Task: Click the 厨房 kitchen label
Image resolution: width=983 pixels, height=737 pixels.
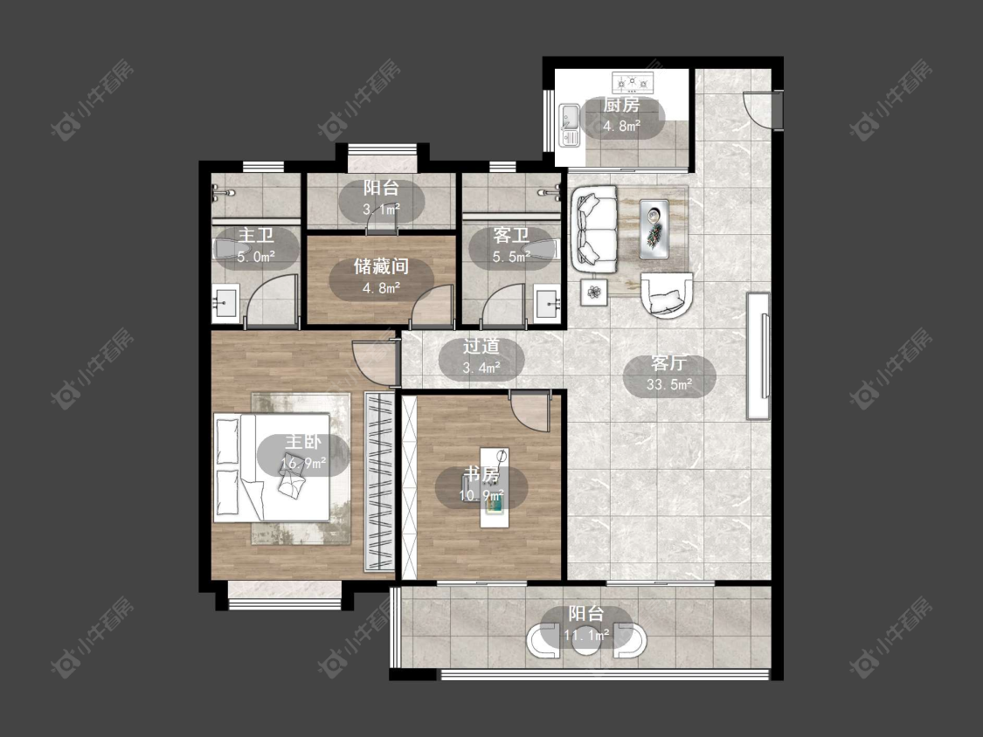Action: pyautogui.click(x=621, y=106)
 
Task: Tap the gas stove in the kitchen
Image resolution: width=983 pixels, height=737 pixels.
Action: pyautogui.click(x=633, y=81)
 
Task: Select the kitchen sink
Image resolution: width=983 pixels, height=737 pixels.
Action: pyautogui.click(x=570, y=125)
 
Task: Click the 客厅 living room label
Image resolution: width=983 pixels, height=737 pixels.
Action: pyautogui.click(x=669, y=363)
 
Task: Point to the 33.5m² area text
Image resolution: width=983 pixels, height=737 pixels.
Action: pyautogui.click(x=669, y=384)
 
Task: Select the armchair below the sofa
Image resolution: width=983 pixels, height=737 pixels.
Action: pyautogui.click(x=667, y=295)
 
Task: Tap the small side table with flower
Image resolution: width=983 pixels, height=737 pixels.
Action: pyautogui.click(x=594, y=292)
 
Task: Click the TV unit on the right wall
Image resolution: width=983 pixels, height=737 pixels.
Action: pyautogui.click(x=758, y=356)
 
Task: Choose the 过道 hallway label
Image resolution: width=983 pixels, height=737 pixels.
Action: pyautogui.click(x=481, y=346)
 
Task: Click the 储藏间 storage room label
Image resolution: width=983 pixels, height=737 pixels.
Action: pyautogui.click(x=381, y=266)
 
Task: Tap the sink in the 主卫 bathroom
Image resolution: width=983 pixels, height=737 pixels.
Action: pyautogui.click(x=225, y=304)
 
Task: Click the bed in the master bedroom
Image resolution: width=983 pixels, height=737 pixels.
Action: pyautogui.click(x=272, y=467)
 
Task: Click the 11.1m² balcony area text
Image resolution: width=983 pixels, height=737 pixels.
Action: pyautogui.click(x=586, y=636)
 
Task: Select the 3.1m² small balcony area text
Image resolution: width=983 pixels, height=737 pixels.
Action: pyautogui.click(x=381, y=209)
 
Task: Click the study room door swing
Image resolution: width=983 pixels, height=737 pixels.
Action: pyautogui.click(x=530, y=410)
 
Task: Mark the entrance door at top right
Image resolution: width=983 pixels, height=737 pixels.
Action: pyautogui.click(x=760, y=109)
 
